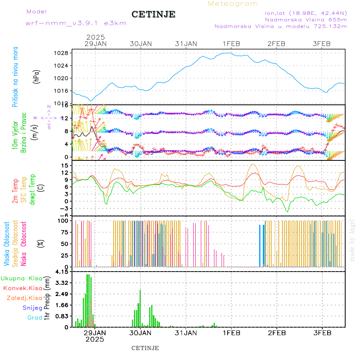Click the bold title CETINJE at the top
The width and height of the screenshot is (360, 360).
coord(154,14)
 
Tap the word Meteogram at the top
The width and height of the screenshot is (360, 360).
coord(233,4)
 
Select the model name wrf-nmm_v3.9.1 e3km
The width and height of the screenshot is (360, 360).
coord(76,23)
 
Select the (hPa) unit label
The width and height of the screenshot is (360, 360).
coord(37,76)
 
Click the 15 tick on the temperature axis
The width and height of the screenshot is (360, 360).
coord(64,165)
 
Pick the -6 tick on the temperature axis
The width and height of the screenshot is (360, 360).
coord(64,215)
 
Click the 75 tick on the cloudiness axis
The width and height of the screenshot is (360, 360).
coord(64,232)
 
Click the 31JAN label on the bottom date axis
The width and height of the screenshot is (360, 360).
coord(186,332)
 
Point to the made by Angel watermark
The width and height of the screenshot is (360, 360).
coord(352,240)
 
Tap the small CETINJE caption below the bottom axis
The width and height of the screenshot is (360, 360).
coord(145,348)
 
